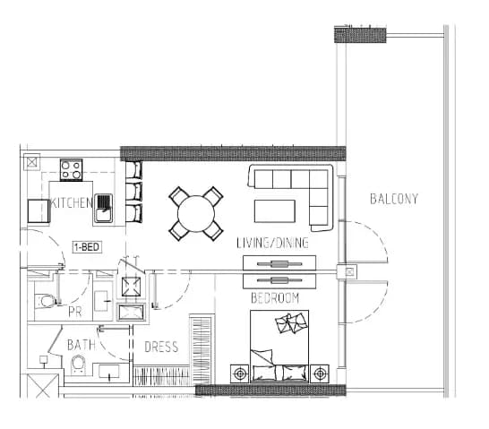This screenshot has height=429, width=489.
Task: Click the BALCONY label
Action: click(x=394, y=199)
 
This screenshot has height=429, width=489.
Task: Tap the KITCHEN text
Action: click(x=72, y=202)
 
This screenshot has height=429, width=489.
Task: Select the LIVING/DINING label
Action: click(x=272, y=243)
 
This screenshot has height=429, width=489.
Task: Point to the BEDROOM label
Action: click(x=275, y=298)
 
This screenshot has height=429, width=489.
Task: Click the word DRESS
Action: click(x=161, y=347)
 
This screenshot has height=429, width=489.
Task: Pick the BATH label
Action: click(x=81, y=345)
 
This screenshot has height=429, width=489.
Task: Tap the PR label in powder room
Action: click(x=75, y=312)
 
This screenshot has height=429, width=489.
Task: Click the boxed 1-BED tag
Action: click(x=87, y=247)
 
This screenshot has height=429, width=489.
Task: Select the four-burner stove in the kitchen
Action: click(x=71, y=170)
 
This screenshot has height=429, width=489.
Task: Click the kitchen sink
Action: click(x=103, y=209)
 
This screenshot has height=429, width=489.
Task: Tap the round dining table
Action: click(x=196, y=214)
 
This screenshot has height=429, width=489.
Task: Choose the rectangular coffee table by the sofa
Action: click(x=275, y=211)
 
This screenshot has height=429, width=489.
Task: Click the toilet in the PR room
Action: click(x=47, y=301)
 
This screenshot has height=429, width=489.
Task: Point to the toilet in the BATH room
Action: click(x=78, y=365)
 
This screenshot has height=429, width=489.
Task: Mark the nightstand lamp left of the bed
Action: click(x=239, y=373)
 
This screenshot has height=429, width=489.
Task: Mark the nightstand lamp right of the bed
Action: click(x=320, y=373)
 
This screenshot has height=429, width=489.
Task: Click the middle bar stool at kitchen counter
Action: click(x=134, y=192)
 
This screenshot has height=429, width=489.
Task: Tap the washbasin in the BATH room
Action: click(x=109, y=372)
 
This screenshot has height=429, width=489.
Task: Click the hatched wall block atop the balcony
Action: click(x=360, y=35)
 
